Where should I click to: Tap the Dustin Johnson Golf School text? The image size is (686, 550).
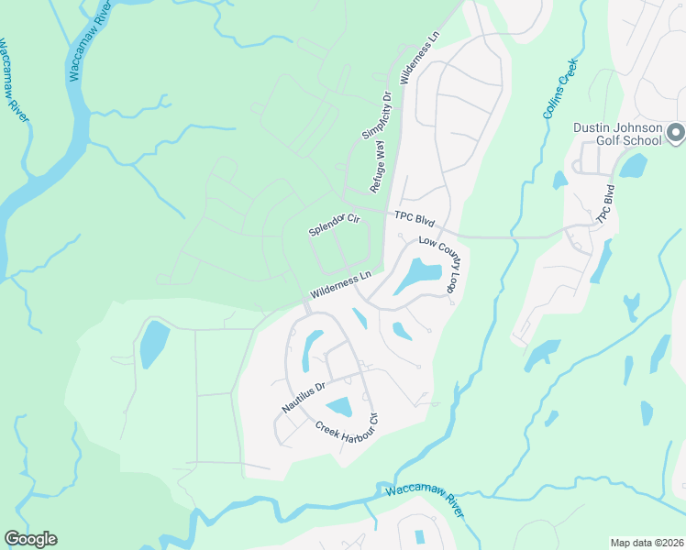616,134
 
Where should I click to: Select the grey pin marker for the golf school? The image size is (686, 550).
675,134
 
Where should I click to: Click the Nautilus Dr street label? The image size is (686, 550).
304,398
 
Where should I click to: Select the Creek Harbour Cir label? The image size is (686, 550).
348,429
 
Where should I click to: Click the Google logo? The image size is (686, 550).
30,539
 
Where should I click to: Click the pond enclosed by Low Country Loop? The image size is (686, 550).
419,275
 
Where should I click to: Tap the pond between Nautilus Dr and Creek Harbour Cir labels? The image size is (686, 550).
338,407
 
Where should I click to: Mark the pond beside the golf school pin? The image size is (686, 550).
633,166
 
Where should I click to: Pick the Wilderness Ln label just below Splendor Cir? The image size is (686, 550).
340,283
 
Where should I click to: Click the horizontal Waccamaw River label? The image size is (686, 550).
424,493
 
